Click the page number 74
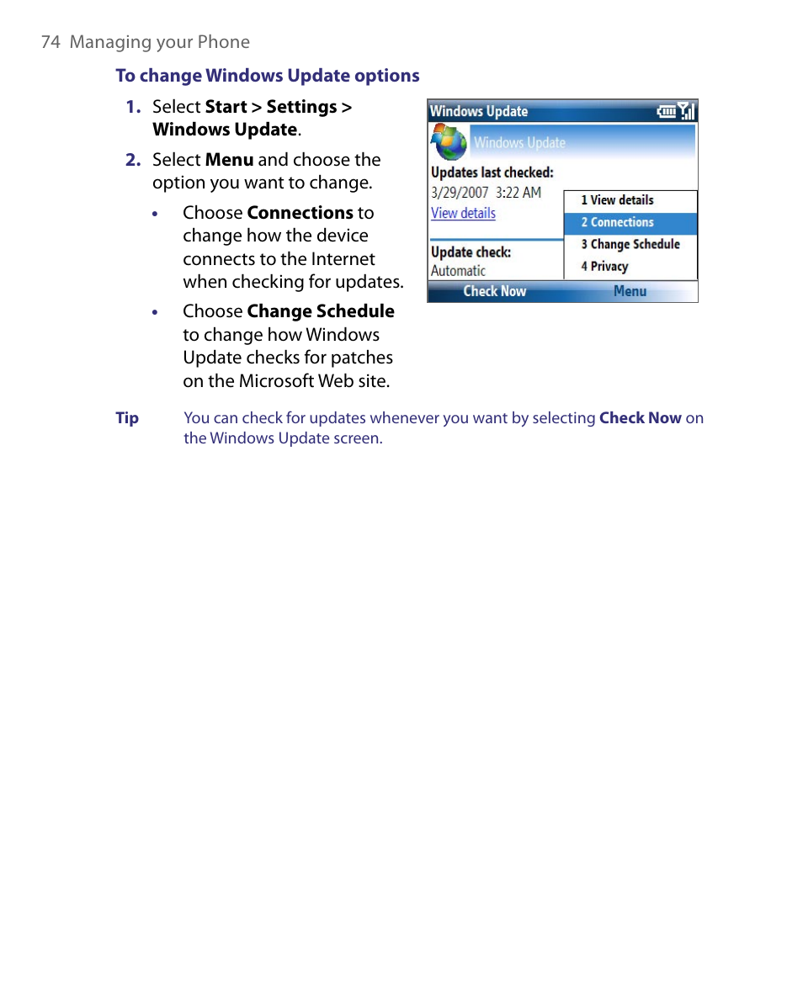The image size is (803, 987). tap(50, 42)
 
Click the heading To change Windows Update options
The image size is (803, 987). tap(268, 76)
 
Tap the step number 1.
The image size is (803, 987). tap(132, 107)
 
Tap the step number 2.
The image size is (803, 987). tap(132, 160)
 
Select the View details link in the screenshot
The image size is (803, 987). tap(463, 213)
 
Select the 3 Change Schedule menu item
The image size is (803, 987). tap(630, 245)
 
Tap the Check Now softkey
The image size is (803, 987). tap(495, 291)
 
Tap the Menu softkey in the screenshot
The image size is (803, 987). tap(630, 291)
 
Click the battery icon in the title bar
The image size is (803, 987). tap(667, 111)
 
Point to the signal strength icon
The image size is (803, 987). tap(688, 111)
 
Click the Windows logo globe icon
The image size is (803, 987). tap(449, 142)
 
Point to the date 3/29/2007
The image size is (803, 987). tap(460, 193)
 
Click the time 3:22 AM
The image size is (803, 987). tap(518, 193)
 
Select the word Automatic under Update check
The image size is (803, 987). tap(458, 271)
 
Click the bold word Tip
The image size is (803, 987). tap(127, 418)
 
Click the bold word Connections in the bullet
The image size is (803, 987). tap(300, 213)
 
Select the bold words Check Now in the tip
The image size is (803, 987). tap(640, 418)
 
